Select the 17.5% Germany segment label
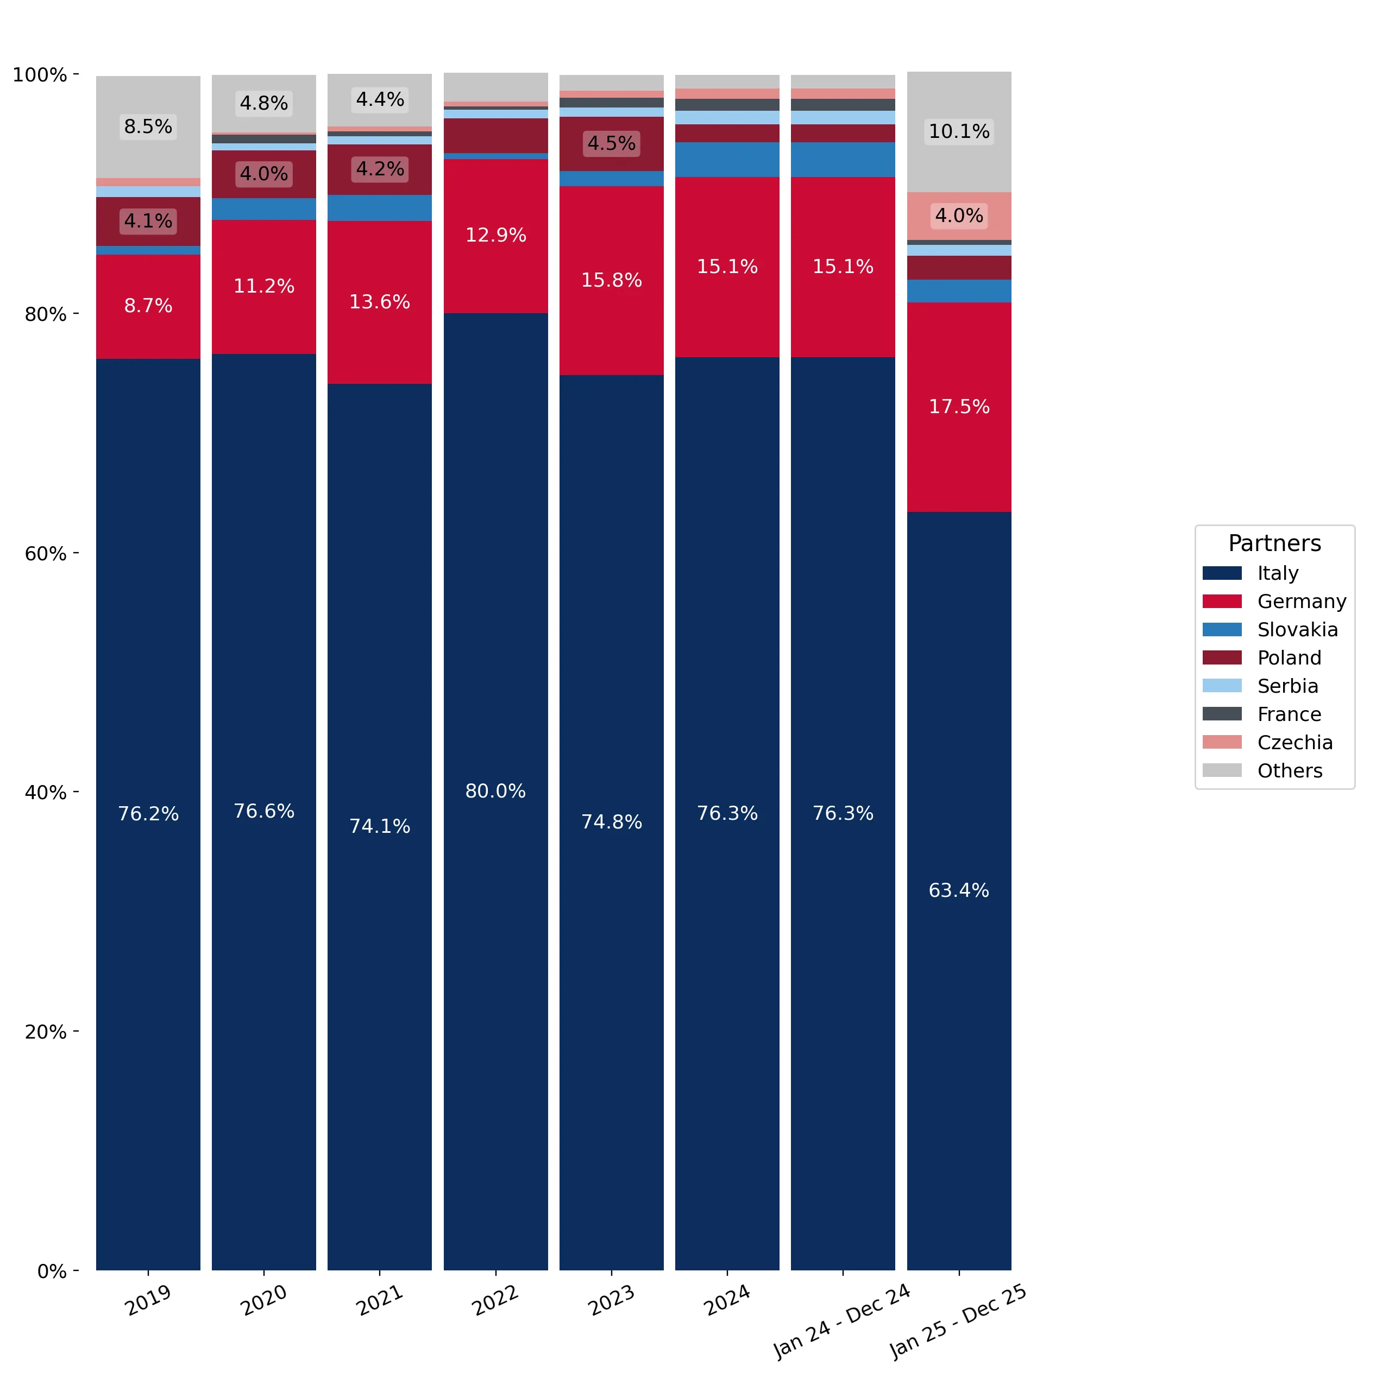(959, 407)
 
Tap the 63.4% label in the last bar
(959, 890)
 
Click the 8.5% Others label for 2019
(148, 126)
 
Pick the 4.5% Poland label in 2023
(611, 143)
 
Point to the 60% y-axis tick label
(46, 553)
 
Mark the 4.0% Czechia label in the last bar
(959, 215)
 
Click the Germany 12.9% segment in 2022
(496, 236)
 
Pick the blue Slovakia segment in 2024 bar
(727, 160)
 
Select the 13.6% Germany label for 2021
(380, 302)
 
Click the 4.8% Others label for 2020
(263, 103)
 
